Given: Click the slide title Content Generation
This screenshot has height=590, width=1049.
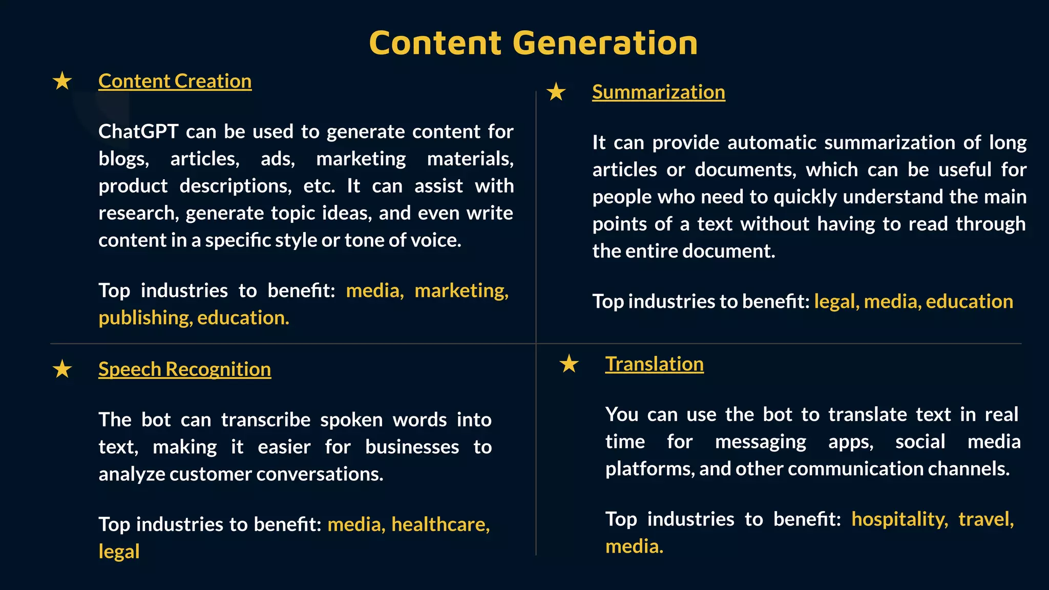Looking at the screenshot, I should [533, 43].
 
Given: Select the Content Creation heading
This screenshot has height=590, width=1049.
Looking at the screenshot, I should [175, 81].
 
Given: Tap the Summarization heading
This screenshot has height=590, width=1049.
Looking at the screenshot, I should [658, 92].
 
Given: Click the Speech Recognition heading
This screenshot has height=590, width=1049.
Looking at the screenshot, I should [184, 369].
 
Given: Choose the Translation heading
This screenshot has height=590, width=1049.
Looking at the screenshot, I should [654, 364].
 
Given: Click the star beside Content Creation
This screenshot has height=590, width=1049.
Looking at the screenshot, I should [62, 81].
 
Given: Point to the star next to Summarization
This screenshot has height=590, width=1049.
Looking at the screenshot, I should [556, 92].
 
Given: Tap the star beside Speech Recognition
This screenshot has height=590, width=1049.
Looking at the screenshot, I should [62, 369].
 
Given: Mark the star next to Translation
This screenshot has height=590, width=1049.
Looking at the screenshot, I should [569, 364].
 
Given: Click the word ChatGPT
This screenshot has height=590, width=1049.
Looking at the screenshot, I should [138, 132].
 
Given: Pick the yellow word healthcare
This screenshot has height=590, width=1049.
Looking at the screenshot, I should [440, 524].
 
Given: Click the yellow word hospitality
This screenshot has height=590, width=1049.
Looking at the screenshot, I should [899, 519].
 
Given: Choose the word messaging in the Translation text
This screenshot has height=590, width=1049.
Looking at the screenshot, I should [760, 442].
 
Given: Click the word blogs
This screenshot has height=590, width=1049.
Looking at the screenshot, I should [123, 159].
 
